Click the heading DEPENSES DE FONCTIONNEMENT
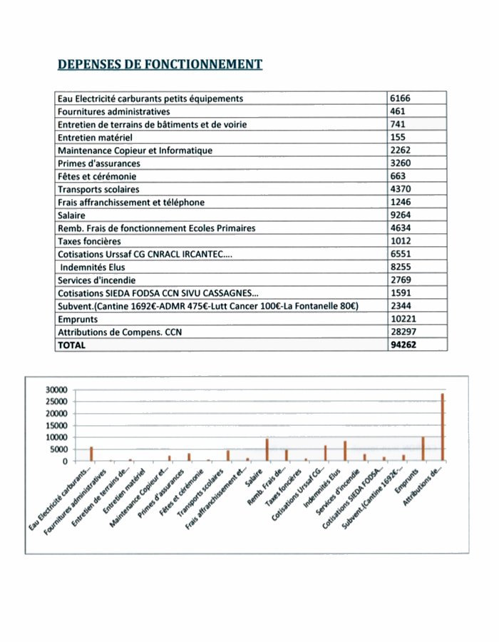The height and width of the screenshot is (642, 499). [x=160, y=65]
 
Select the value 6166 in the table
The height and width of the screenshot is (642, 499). [x=400, y=98]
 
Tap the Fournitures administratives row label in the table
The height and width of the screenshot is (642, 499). [x=113, y=112]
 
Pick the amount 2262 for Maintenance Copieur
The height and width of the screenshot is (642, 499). [x=401, y=151]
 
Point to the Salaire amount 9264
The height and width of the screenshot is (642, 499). [x=401, y=215]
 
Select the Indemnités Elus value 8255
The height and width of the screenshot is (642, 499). [x=401, y=267]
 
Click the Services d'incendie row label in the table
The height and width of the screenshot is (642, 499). [x=96, y=280]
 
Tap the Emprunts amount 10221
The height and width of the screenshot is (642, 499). [x=404, y=319]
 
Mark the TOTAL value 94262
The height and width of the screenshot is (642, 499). [x=403, y=345]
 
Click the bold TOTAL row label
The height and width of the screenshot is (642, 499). [x=71, y=345]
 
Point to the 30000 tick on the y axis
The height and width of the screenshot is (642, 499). [x=55, y=390]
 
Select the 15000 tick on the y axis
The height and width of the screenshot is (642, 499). [x=55, y=426]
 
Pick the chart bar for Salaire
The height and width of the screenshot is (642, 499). [x=267, y=449]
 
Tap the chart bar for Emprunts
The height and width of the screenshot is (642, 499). [x=423, y=449]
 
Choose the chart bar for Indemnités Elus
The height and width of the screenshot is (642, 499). [x=345, y=451]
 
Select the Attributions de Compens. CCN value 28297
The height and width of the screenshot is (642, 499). [x=404, y=332]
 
